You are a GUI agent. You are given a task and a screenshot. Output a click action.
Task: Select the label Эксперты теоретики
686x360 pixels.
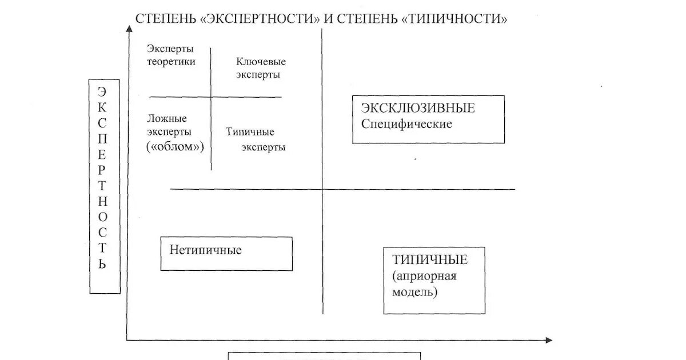click(x=170, y=55)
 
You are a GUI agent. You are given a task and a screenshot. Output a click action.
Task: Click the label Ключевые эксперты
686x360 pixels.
click(x=260, y=68)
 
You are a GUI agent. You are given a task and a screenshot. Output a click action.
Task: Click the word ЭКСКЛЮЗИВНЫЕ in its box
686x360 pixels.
click(x=418, y=108)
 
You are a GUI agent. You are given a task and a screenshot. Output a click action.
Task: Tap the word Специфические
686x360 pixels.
click(x=406, y=123)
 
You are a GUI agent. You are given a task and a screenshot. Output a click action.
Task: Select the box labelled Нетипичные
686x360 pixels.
click(x=226, y=253)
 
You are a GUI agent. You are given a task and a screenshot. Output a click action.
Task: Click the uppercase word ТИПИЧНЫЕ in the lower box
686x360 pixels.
click(x=430, y=260)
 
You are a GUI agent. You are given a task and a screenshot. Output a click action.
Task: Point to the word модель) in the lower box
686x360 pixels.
click(x=415, y=292)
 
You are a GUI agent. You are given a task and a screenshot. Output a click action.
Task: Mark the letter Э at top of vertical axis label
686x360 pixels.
click(x=102, y=91)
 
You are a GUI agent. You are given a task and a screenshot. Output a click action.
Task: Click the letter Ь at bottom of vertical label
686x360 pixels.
click(x=102, y=263)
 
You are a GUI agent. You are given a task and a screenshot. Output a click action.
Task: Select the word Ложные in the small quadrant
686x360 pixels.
click(x=167, y=118)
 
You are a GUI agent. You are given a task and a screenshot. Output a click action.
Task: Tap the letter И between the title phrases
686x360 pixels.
click(x=328, y=18)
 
